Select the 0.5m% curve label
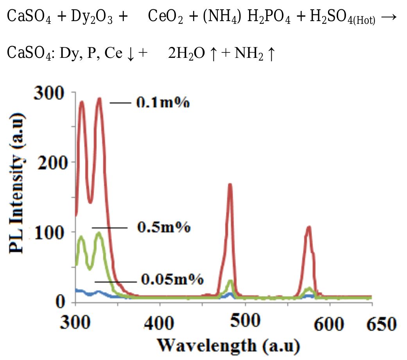(x=163, y=227)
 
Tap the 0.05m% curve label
(x=172, y=280)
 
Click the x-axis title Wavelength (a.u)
(x=228, y=345)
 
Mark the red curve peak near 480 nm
(x=230, y=184)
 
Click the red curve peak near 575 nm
(x=309, y=227)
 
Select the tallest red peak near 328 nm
(x=99, y=99)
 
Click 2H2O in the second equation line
(x=186, y=54)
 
